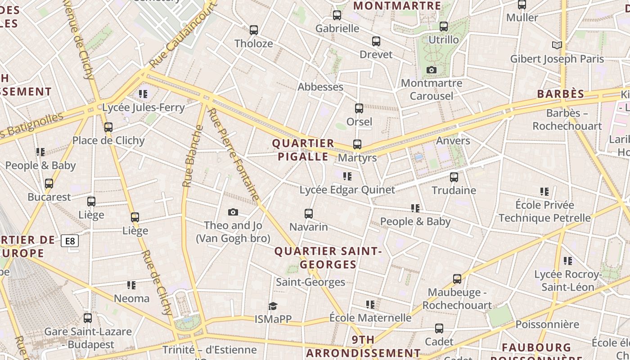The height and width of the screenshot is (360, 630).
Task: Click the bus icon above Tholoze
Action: (254, 30)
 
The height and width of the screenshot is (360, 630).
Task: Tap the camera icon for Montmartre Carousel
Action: (432, 70)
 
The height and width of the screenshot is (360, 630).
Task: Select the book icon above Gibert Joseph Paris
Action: (557, 45)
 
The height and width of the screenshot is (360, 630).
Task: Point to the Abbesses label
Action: (320, 87)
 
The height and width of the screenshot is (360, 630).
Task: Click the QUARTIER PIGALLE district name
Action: (303, 150)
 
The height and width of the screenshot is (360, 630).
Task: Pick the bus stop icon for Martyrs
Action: (357, 144)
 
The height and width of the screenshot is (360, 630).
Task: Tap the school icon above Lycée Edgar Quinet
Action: (347, 176)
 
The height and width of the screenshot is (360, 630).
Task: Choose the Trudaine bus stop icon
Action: (454, 177)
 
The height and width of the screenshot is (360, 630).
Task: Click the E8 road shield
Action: (70, 241)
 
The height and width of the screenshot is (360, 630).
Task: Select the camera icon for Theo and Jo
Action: (233, 212)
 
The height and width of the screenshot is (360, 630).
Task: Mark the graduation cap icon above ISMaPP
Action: (273, 306)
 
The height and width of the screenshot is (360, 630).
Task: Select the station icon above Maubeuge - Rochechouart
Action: (457, 279)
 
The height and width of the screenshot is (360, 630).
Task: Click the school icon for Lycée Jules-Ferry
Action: (143, 94)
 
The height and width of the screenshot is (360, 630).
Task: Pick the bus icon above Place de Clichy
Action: (108, 127)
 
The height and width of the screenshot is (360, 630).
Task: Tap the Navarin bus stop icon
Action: (309, 213)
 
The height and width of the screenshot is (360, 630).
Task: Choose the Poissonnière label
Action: (547, 324)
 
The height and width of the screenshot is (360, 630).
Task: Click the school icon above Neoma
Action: (131, 285)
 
